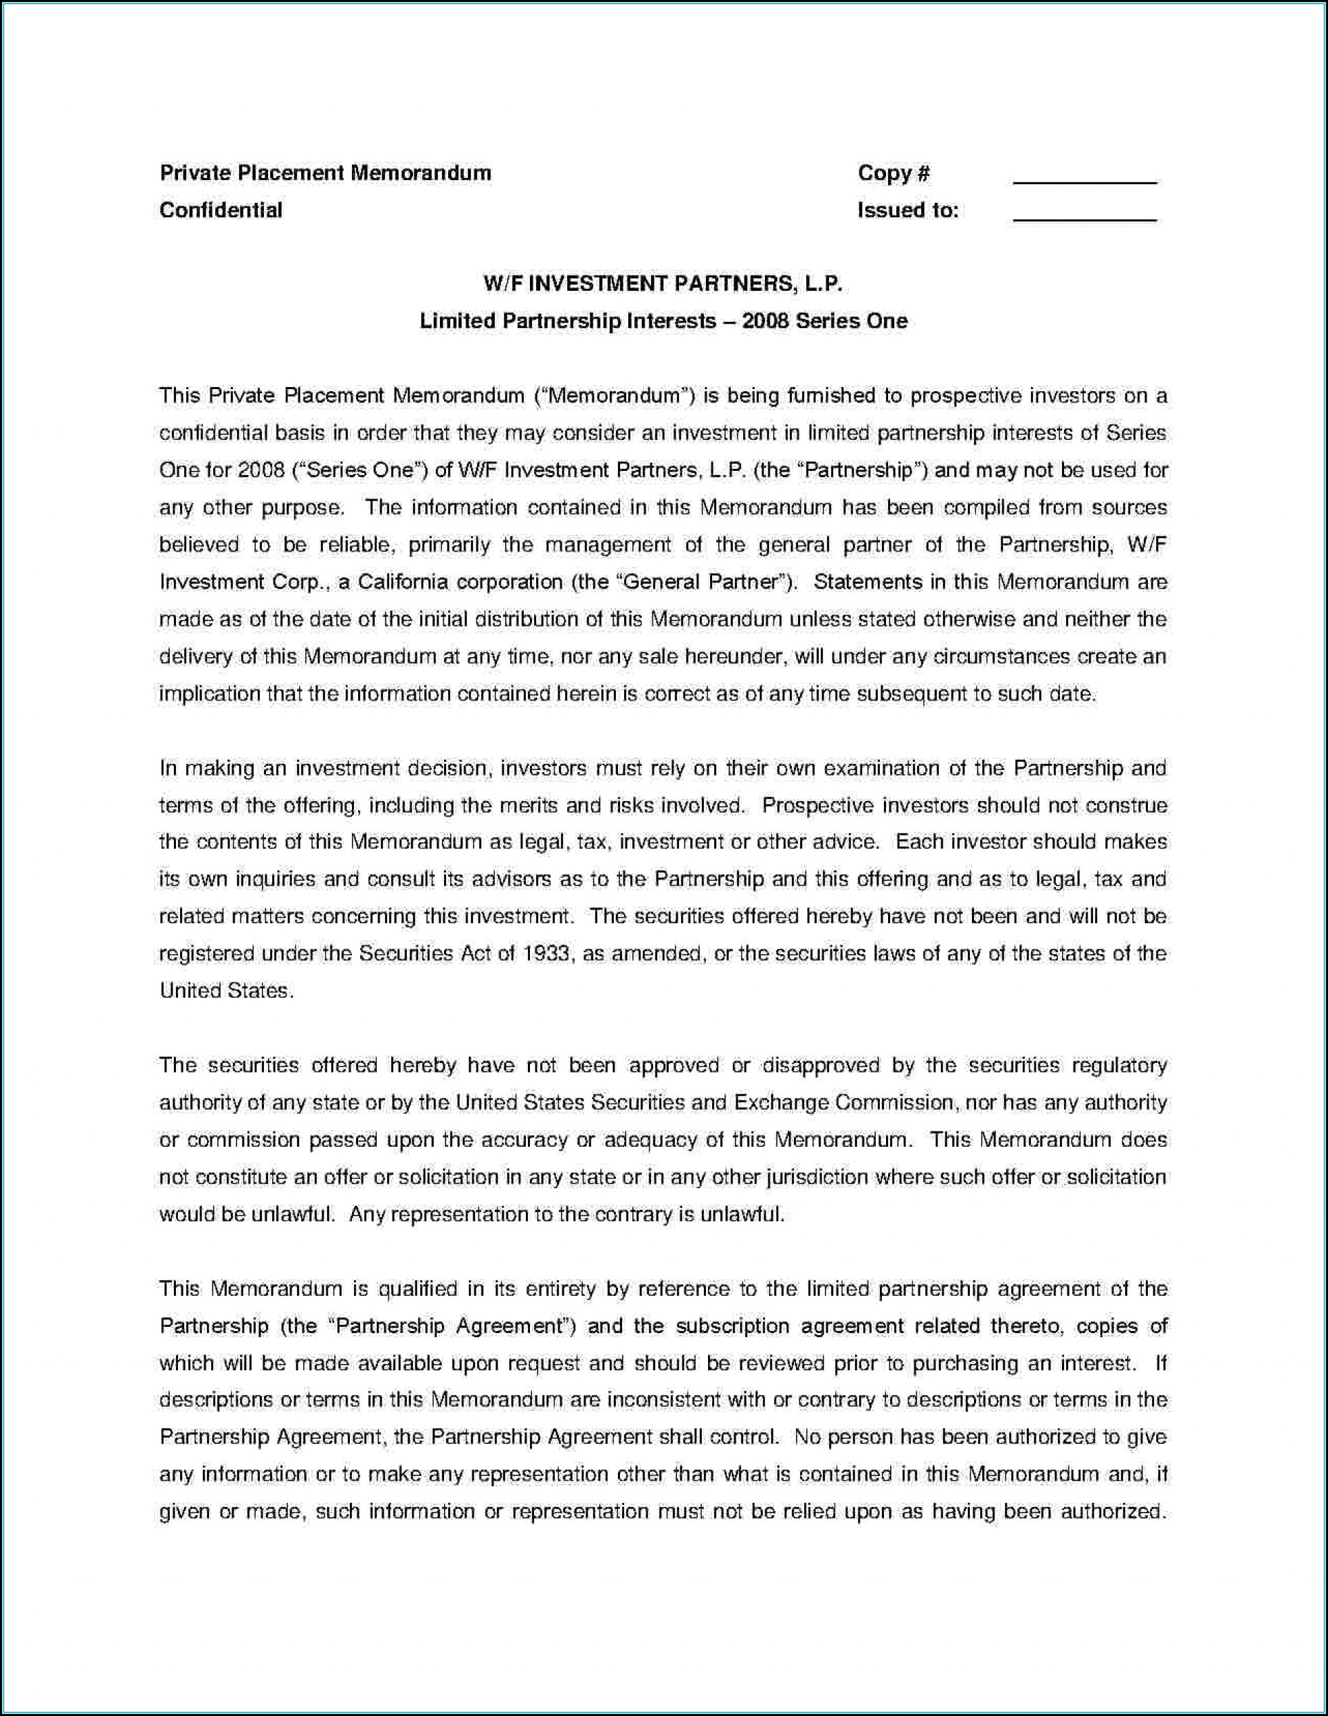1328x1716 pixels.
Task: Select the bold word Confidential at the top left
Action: pos(221,210)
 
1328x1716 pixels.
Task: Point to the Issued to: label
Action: pos(907,210)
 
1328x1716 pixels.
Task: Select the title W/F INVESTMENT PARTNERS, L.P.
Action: pos(663,284)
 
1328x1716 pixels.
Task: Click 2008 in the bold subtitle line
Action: pos(764,320)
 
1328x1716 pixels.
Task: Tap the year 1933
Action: pos(546,953)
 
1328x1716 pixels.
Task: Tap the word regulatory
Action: pos(1120,1066)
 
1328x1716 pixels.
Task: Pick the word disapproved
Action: pos(819,1066)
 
